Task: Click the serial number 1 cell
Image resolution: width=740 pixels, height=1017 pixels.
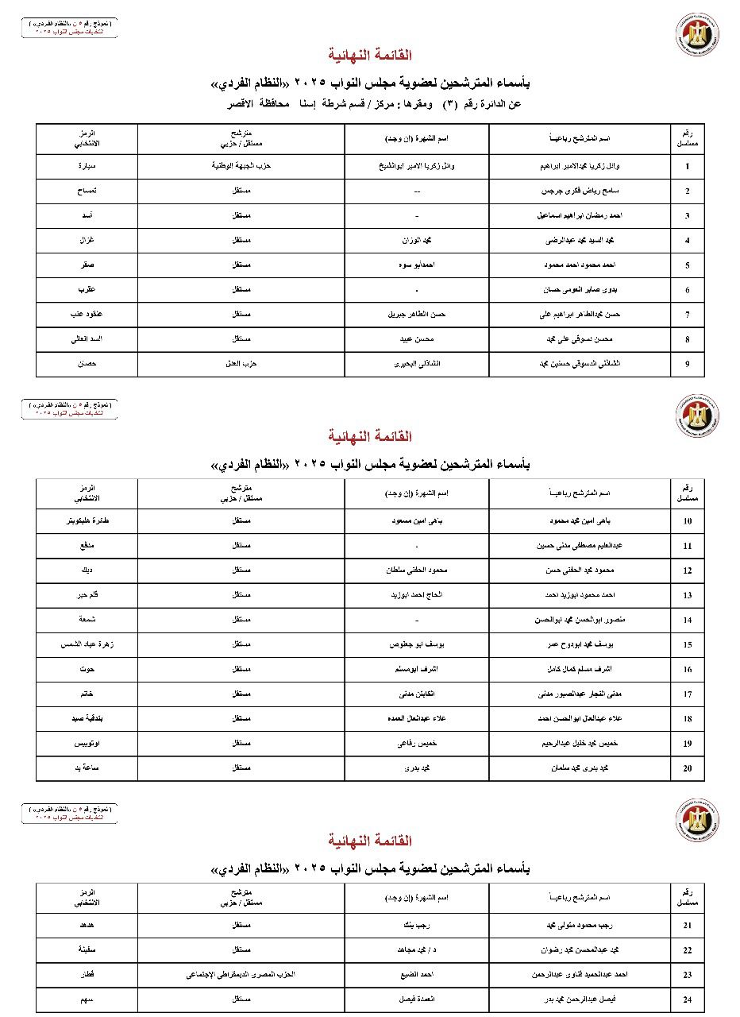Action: click(688, 167)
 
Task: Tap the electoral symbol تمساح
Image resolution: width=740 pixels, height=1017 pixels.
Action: click(87, 191)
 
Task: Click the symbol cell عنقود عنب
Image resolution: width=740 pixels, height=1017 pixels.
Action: click(87, 314)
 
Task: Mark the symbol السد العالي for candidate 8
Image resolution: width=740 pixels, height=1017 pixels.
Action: click(87, 338)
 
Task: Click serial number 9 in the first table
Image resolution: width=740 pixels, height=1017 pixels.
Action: click(688, 365)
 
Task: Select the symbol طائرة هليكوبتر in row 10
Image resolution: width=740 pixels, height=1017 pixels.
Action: click(87, 520)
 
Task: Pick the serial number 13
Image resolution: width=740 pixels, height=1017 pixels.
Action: click(688, 595)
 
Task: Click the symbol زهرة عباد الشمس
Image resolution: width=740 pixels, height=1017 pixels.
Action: click(87, 644)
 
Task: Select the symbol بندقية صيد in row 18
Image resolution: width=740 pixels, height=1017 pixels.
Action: click(87, 718)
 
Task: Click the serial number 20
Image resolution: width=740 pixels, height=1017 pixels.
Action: click(688, 768)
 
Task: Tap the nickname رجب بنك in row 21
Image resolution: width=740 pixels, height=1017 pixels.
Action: click(416, 925)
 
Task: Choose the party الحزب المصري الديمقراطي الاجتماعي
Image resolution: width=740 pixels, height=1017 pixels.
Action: click(241, 974)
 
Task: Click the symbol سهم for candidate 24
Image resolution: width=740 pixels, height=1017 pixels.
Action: click(87, 999)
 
